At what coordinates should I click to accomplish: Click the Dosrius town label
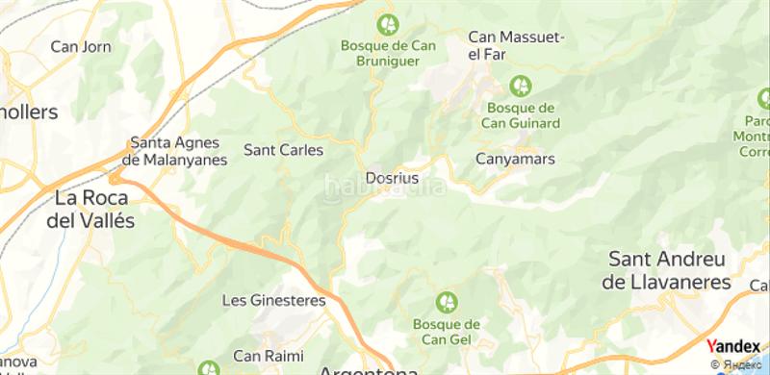[x=392, y=178]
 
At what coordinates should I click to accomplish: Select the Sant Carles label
[x=283, y=150]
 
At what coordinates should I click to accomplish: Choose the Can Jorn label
[x=81, y=46]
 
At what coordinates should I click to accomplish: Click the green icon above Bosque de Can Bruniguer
[x=388, y=22]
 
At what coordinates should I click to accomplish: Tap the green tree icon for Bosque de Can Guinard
[x=521, y=86]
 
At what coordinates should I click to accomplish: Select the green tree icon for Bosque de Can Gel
[x=447, y=303]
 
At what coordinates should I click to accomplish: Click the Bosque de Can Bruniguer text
[x=388, y=52]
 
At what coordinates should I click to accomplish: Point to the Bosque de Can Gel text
[x=447, y=332]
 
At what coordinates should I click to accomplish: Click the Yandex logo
[x=732, y=347]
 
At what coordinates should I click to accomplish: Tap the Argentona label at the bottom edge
[x=369, y=370]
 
